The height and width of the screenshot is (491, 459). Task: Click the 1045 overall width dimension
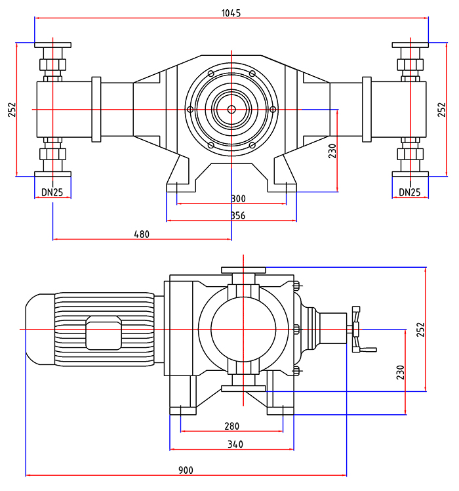pos(231,12)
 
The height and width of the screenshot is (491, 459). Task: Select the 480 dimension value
pos(142,234)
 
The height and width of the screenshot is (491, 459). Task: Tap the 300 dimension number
pos(239,199)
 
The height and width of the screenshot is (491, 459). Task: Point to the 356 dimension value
pos(239,215)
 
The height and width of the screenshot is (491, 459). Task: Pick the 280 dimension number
pos(231,426)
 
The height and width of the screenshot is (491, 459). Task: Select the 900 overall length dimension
pos(186,470)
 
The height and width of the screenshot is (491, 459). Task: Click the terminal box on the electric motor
pos(104,333)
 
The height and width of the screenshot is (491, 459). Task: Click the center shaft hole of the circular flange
pos(231,109)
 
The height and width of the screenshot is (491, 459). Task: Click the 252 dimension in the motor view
pos(421,329)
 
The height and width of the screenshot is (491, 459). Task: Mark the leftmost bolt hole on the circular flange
pos(190,109)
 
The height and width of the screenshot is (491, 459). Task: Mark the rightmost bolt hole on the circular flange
pos(273,109)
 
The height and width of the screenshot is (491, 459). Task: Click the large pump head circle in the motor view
pos(244,328)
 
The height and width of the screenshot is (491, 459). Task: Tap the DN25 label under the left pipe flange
pos(52,192)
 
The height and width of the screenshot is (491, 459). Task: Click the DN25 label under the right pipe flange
pos(410,192)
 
